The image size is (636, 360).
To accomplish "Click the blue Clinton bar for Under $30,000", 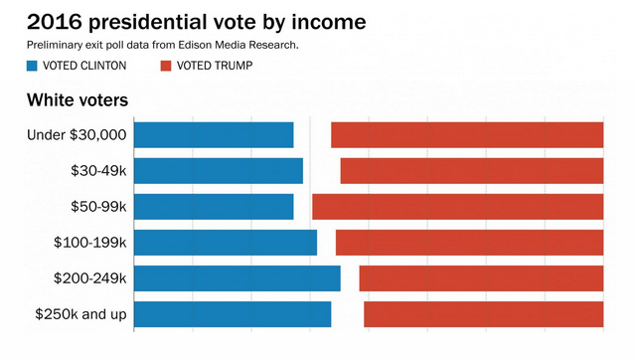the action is [x=214, y=134].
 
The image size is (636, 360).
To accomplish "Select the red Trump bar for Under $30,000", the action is [x=467, y=134].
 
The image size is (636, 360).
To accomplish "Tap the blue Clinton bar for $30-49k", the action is [x=219, y=171].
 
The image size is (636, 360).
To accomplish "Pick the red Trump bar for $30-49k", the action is [x=472, y=171].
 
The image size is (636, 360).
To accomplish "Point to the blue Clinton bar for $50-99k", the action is [x=214, y=207].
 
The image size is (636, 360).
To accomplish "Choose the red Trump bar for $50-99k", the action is [x=458, y=207].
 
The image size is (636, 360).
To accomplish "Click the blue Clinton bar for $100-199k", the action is [x=226, y=243].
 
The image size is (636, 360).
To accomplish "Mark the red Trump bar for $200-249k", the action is [x=481, y=278].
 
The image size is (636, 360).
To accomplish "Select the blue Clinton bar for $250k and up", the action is [x=233, y=314].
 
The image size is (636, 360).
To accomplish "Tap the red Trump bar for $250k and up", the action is [x=484, y=314].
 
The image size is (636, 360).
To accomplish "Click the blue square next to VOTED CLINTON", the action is [x=32, y=66].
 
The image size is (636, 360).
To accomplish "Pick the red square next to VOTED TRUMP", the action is [x=166, y=66].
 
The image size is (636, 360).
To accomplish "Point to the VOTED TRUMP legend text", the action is [x=215, y=66].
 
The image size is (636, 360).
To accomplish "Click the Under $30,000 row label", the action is [x=77, y=135].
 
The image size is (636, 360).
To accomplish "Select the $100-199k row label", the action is [x=90, y=243].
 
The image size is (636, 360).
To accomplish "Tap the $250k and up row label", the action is [x=80, y=314].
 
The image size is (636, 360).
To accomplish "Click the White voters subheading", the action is [x=78, y=99].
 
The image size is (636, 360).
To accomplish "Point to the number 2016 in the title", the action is [x=55, y=22].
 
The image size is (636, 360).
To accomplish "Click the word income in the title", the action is [x=329, y=22].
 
